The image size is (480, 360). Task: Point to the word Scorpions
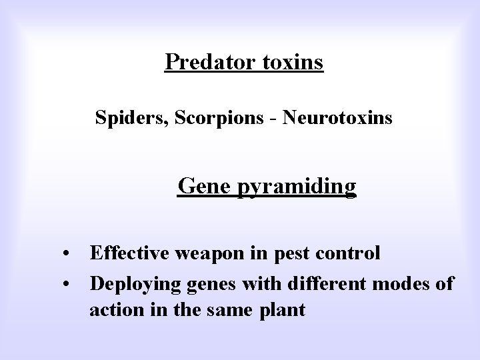(203, 119)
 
